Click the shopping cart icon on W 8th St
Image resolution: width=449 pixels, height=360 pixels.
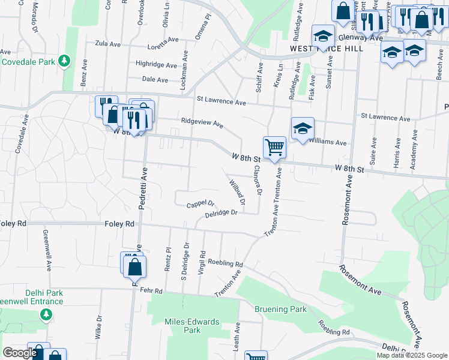[274, 146]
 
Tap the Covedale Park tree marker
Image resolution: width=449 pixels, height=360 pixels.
[64, 61]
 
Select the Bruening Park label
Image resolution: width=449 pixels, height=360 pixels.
[280, 309]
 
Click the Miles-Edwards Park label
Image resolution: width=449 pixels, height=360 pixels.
[182, 326]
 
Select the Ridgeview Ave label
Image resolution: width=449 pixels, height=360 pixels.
[202, 123]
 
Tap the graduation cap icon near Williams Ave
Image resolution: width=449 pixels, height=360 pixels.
[303, 128]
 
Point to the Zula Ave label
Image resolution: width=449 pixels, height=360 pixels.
[109, 43]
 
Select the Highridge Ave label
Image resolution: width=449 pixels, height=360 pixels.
[156, 64]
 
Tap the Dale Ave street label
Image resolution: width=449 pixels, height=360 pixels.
[155, 79]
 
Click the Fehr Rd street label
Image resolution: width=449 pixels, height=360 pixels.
[151, 290]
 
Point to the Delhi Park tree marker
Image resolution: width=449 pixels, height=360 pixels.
[45, 313]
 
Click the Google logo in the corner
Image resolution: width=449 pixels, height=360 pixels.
[19, 353]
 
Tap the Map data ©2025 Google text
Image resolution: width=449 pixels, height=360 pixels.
[411, 355]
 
